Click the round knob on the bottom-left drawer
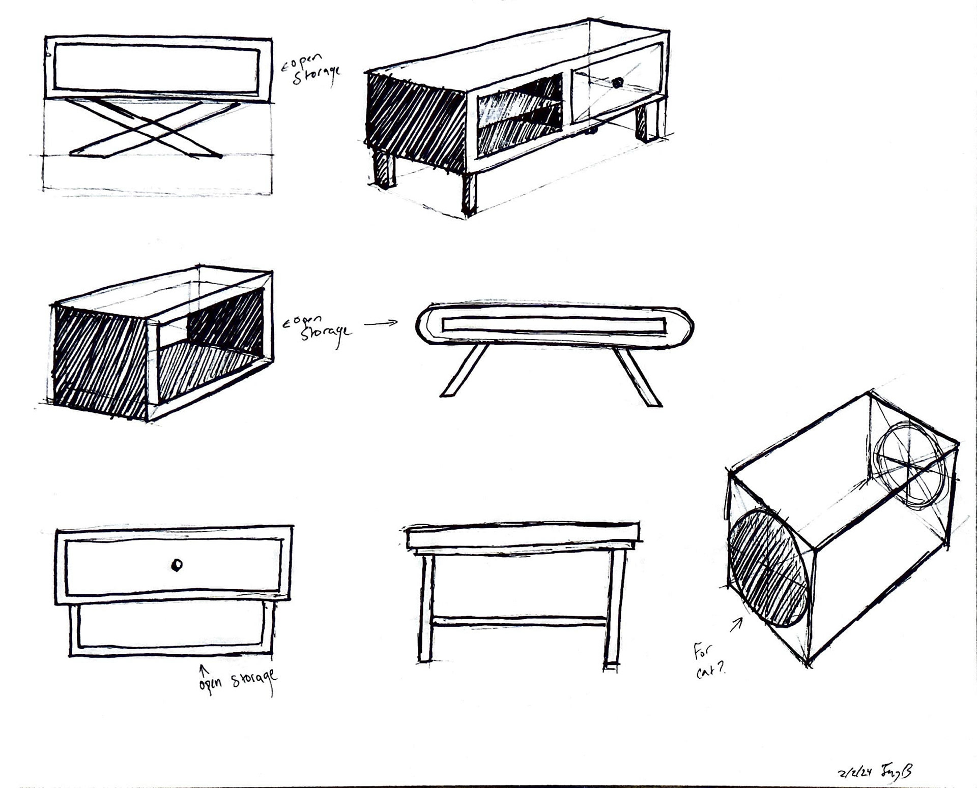[177, 565]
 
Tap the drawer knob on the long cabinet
[617, 82]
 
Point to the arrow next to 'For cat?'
[736, 625]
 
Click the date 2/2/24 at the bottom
[854, 772]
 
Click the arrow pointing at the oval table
[380, 323]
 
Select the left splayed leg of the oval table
[464, 370]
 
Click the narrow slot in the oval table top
[554, 325]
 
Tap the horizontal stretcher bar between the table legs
[519, 621]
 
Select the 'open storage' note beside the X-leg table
[312, 70]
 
